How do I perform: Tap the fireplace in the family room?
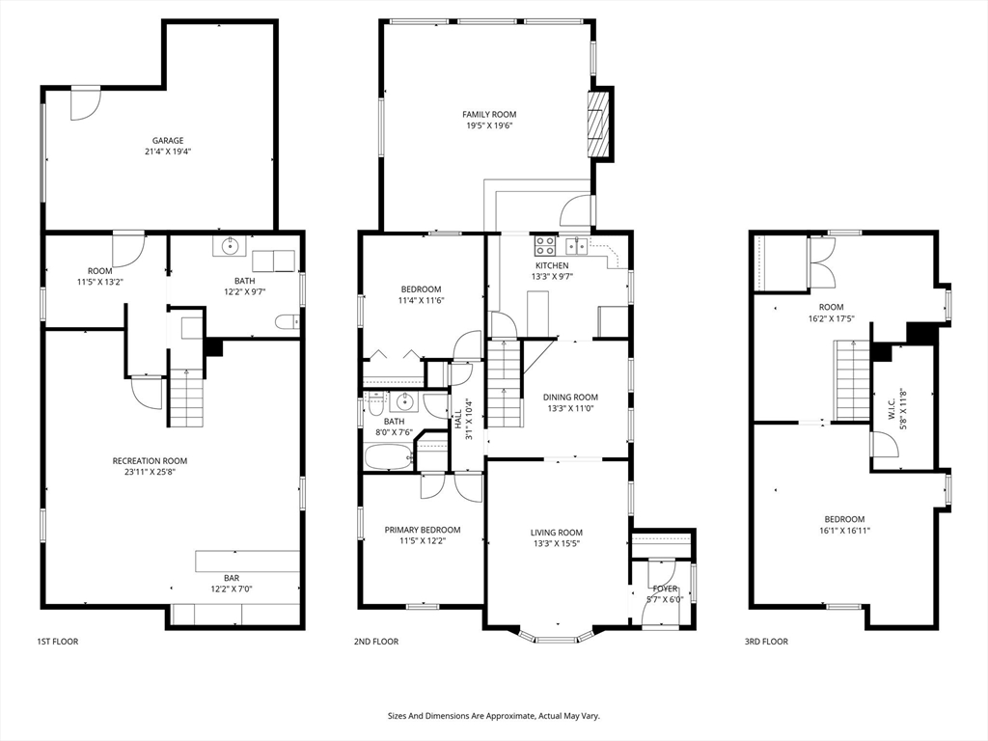pyautogui.click(x=600, y=124)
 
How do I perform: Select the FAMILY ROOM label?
pyautogui.click(x=489, y=114)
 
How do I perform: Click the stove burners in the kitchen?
pyautogui.click(x=545, y=245)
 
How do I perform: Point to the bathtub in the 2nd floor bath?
pyautogui.click(x=388, y=456)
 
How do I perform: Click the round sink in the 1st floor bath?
pyautogui.click(x=231, y=248)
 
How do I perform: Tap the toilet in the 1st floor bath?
pyautogui.click(x=286, y=322)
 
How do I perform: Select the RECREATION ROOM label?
pyautogui.click(x=150, y=461)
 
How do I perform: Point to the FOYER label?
pyautogui.click(x=666, y=589)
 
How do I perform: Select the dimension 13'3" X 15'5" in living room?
pyautogui.click(x=557, y=543)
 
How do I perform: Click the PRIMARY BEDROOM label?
pyautogui.click(x=422, y=530)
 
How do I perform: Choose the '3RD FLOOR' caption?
pyautogui.click(x=765, y=642)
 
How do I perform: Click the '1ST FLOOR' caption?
pyautogui.click(x=58, y=642)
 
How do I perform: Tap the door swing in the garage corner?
pyautogui.click(x=84, y=104)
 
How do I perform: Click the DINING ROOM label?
pyautogui.click(x=570, y=397)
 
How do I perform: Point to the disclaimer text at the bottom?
pyautogui.click(x=493, y=716)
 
